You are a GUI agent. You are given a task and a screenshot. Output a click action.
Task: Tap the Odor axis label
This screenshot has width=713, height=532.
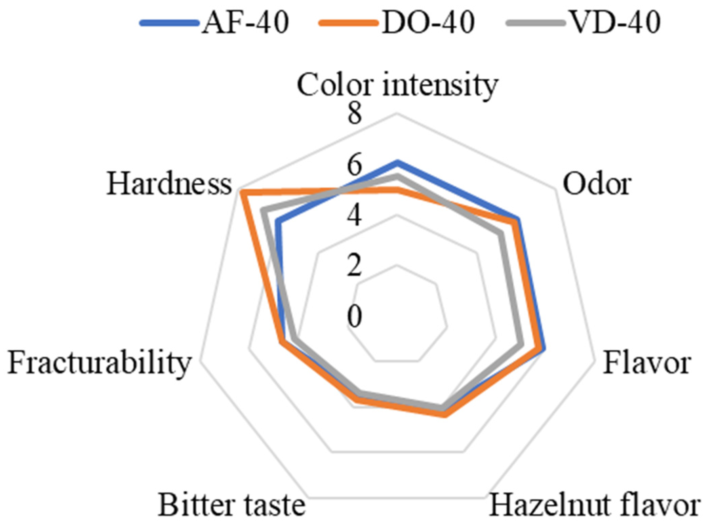596,184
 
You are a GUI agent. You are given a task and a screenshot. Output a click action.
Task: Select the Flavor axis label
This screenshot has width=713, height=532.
646,363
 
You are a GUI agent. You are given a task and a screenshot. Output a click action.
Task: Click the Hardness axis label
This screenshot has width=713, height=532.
169,184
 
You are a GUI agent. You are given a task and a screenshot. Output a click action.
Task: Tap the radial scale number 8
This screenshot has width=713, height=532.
355,115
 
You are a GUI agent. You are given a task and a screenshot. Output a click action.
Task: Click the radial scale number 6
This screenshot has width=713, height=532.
355,166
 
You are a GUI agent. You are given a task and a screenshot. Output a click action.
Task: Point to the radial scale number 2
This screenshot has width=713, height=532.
355,267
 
